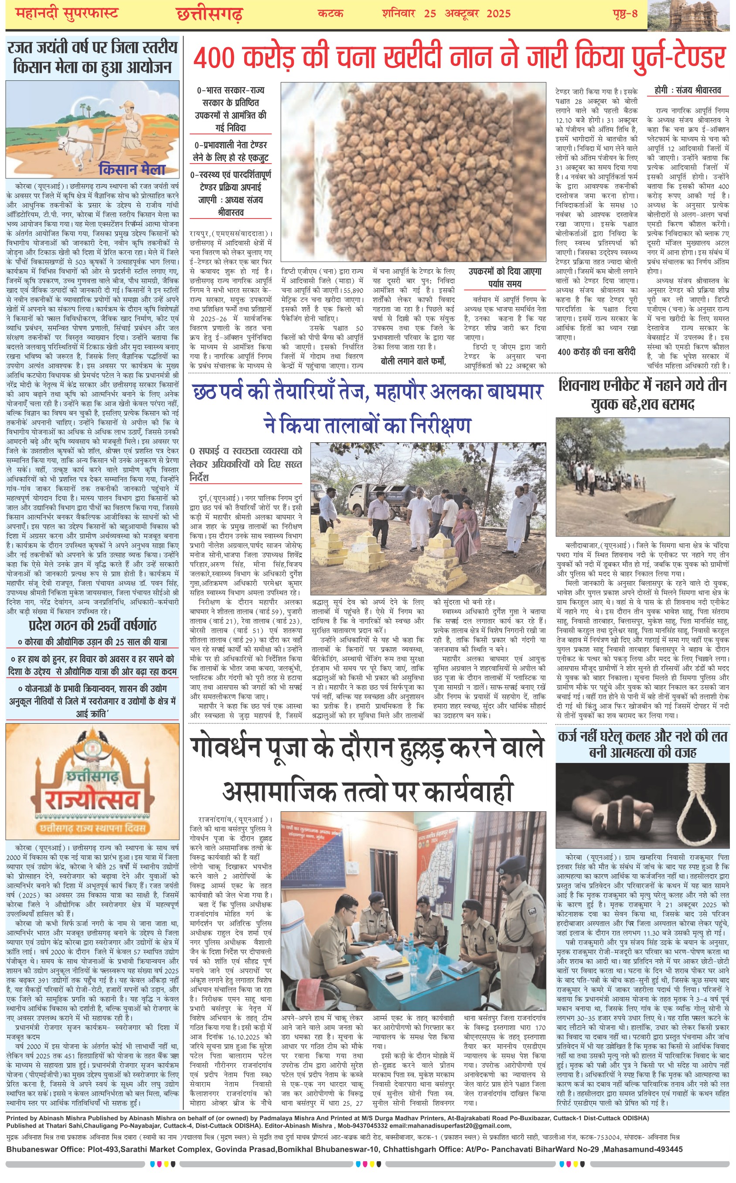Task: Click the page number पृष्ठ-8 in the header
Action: point(625,13)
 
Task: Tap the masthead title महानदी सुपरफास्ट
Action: point(60,13)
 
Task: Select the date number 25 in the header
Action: point(430,13)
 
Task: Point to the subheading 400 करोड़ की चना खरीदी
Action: point(596,352)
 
